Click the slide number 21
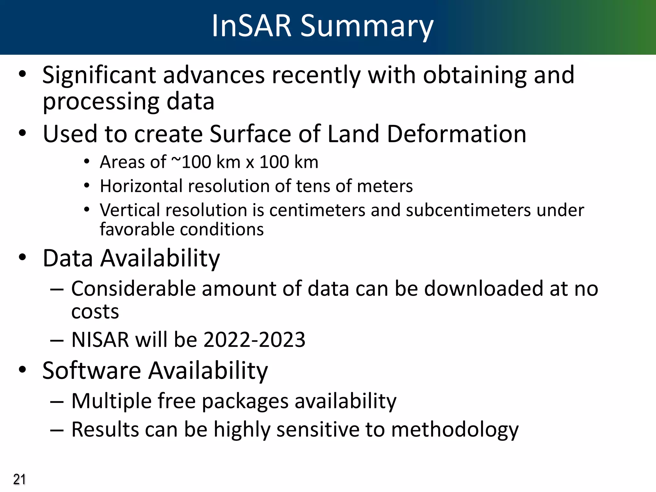click(19, 480)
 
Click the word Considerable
click(133, 289)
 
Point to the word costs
click(95, 312)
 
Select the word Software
click(92, 371)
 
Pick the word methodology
click(455, 430)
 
